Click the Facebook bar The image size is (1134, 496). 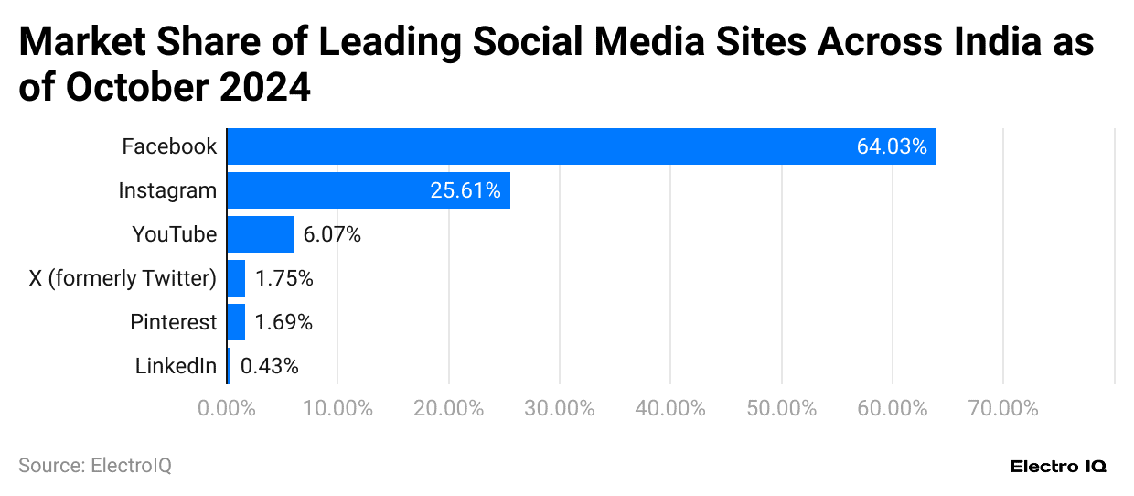[x=582, y=146]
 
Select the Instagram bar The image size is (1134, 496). [x=369, y=190]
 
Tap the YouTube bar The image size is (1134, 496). [x=261, y=234]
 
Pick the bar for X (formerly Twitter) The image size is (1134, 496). [x=236, y=278]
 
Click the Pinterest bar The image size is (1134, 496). [x=236, y=322]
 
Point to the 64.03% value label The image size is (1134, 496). [x=891, y=146]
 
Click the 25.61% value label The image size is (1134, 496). [x=465, y=190]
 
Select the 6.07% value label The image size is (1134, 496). [x=332, y=234]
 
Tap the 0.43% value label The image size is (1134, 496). [x=269, y=366]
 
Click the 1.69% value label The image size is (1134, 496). [x=283, y=322]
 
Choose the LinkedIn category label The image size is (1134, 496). [x=176, y=366]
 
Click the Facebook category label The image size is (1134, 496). [x=169, y=146]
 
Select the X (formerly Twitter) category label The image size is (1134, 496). [x=123, y=278]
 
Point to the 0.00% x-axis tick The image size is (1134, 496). [x=226, y=408]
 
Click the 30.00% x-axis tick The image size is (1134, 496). [x=560, y=408]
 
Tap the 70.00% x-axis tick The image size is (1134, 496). [x=1003, y=408]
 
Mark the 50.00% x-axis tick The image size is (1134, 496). [x=782, y=408]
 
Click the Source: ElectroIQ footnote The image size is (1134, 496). [x=95, y=466]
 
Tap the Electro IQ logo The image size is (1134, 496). [x=1058, y=466]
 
